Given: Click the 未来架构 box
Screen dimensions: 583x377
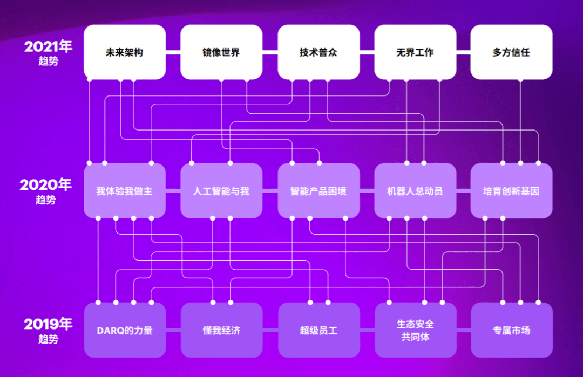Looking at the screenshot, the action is click(x=125, y=52).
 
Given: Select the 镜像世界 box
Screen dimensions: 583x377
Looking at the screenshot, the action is click(x=221, y=52).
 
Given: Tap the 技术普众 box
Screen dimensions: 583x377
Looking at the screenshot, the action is click(x=318, y=52).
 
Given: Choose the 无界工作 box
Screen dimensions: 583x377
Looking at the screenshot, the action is click(x=415, y=52).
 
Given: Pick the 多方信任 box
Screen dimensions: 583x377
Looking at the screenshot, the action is click(x=511, y=52).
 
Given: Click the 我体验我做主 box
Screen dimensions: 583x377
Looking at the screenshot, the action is click(x=125, y=191).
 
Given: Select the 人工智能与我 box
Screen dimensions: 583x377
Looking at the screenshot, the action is click(x=221, y=191).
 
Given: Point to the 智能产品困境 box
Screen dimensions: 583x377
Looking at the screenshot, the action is click(x=318, y=191).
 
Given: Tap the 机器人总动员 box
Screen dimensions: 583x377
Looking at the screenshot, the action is click(x=415, y=191).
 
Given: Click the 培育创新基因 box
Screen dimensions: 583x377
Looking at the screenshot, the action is click(x=511, y=191).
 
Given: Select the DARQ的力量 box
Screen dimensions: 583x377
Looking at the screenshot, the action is click(x=125, y=330).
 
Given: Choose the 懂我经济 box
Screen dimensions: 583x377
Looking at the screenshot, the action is click(x=222, y=330).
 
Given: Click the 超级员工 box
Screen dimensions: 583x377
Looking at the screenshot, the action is click(x=319, y=330).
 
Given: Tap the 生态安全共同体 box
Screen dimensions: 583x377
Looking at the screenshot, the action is click(x=416, y=330).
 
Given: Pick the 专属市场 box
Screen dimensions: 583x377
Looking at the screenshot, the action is click(x=512, y=330).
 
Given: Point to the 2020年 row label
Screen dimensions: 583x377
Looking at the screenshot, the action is click(x=45, y=191).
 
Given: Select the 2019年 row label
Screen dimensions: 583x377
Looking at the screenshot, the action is click(x=48, y=331).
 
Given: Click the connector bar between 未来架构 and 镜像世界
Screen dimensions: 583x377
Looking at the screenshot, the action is click(x=173, y=52).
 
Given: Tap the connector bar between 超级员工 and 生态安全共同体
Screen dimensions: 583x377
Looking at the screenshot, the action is click(x=368, y=330).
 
